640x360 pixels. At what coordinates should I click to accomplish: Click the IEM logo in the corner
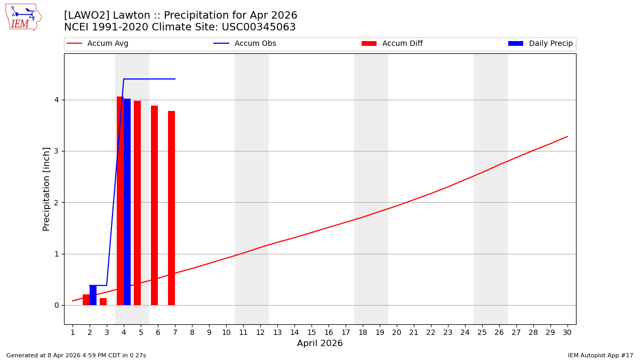(x=23, y=17)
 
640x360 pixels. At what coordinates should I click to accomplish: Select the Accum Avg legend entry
(x=98, y=44)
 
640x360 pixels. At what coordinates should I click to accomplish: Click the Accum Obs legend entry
(x=245, y=44)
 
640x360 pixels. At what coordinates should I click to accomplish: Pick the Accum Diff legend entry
(x=392, y=44)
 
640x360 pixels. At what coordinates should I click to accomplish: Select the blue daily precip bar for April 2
(x=93, y=295)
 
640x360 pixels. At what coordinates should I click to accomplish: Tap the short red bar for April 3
(x=103, y=301)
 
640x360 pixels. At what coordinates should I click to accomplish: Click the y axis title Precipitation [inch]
(x=46, y=189)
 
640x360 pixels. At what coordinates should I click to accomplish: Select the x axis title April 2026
(x=319, y=343)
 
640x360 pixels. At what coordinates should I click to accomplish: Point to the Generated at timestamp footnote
(x=76, y=355)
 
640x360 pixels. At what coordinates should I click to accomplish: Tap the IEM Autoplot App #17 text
(x=600, y=355)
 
